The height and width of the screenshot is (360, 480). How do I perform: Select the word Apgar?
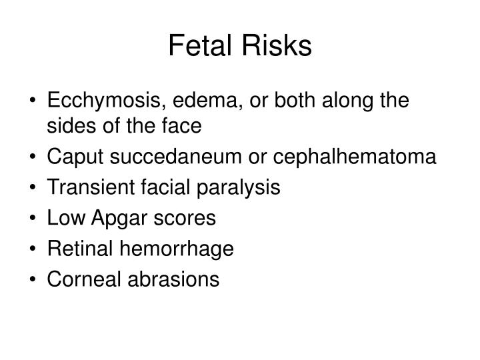click(x=119, y=219)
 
